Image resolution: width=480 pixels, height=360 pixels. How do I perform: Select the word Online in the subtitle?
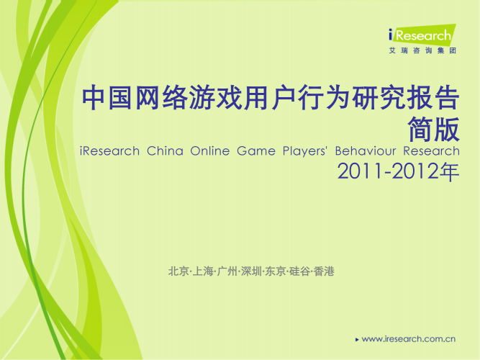click(x=212, y=152)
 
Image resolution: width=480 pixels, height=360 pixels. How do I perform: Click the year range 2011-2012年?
click(x=398, y=173)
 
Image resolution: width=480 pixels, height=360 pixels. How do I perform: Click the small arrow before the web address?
click(x=358, y=338)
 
